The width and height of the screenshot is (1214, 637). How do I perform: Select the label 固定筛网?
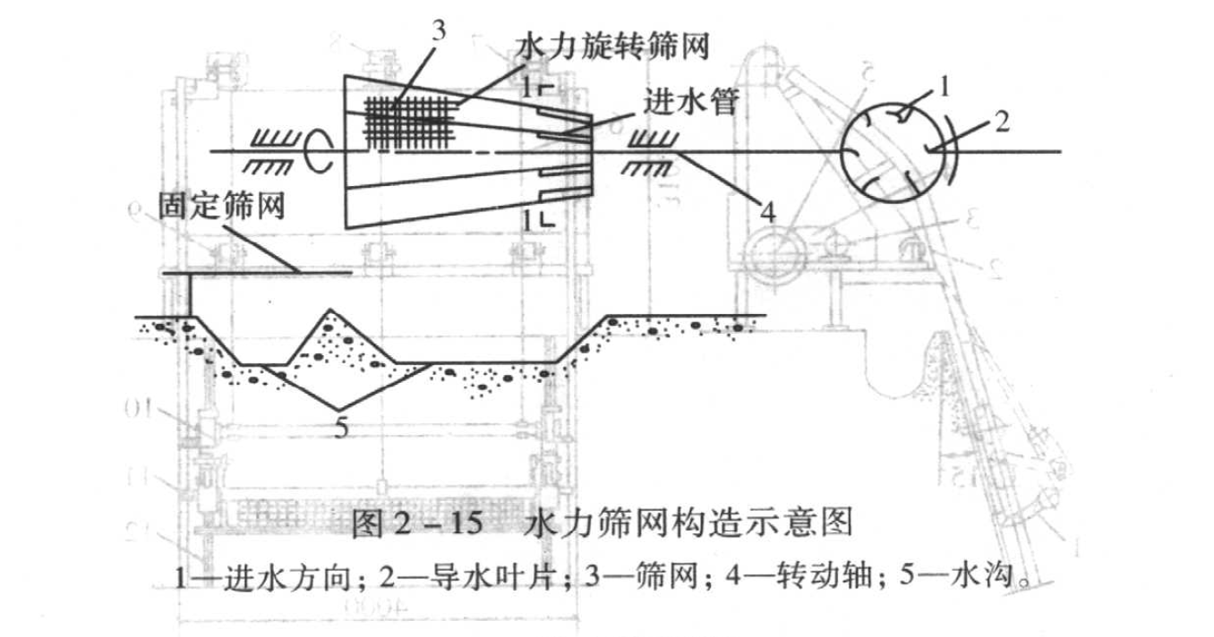pyautogui.click(x=221, y=206)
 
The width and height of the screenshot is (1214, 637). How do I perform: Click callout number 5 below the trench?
pyautogui.click(x=340, y=428)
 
